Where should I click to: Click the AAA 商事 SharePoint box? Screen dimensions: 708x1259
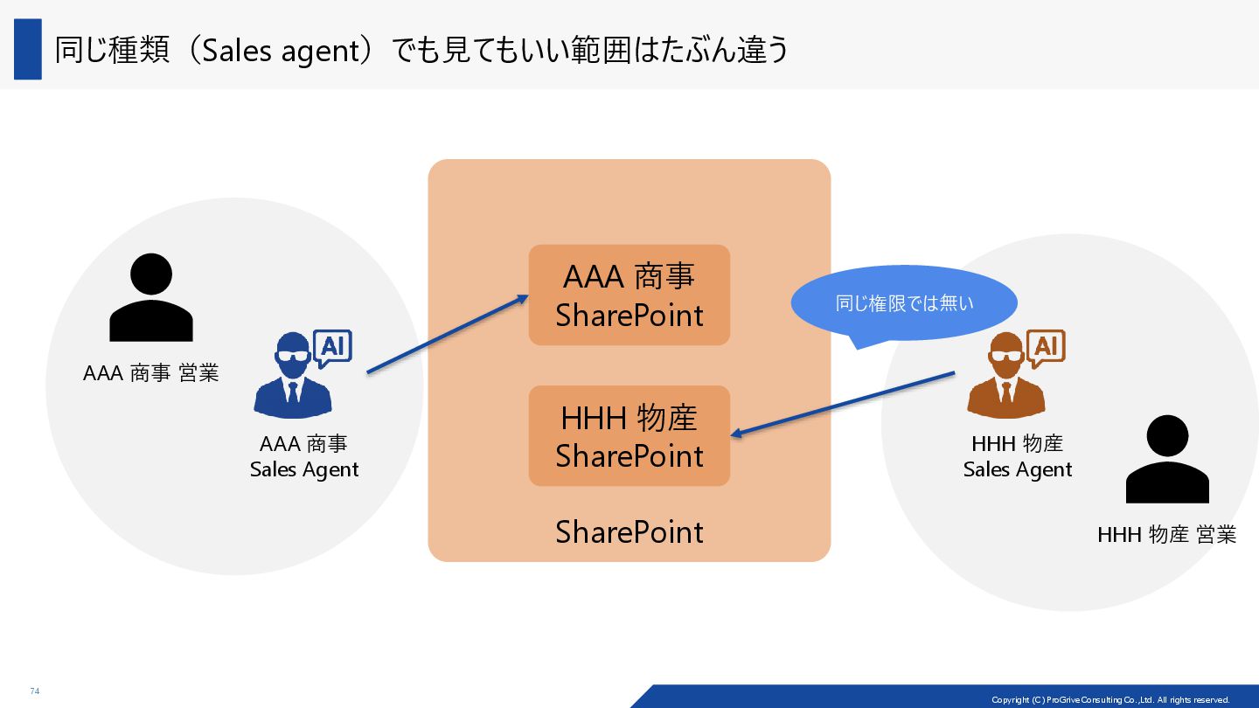coord(629,295)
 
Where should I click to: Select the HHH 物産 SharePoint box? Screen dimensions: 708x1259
coord(629,436)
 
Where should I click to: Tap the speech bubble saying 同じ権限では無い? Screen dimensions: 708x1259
coord(904,303)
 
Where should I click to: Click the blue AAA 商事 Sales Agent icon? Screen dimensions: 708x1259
coord(293,378)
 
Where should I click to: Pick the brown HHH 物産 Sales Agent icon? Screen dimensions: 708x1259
coord(1006,378)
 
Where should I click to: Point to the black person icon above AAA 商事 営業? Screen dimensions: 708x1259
coord(150,298)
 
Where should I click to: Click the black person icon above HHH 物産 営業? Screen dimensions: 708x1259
coord(1166,460)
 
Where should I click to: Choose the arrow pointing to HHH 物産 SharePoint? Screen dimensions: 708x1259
coord(842,403)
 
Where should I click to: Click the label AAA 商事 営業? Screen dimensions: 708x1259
coord(150,373)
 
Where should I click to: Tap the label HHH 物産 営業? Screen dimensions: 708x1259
coord(1166,535)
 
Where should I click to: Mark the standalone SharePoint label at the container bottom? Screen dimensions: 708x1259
coord(629,532)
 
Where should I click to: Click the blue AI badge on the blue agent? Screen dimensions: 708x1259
coord(332,349)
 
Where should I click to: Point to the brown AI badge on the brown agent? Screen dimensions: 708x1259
coord(1046,349)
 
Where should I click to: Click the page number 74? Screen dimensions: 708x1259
coord(35,691)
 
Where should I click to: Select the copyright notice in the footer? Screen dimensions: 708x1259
coord(1110,699)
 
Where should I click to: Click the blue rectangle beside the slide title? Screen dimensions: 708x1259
coord(28,49)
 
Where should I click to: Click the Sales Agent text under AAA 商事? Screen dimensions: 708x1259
coord(304,470)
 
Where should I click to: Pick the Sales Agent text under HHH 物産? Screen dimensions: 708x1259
coord(1017,470)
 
